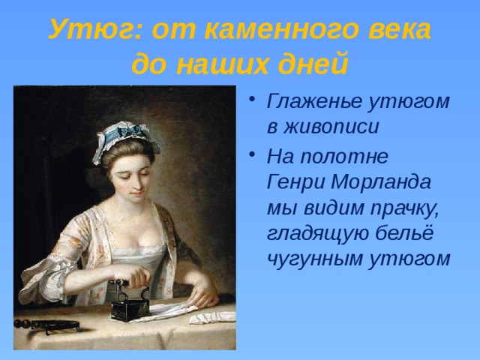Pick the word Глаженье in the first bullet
314,101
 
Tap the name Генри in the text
296,181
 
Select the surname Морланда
381,182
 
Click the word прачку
404,208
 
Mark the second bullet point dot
252,154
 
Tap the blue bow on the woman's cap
125,132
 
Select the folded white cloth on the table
211,317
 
